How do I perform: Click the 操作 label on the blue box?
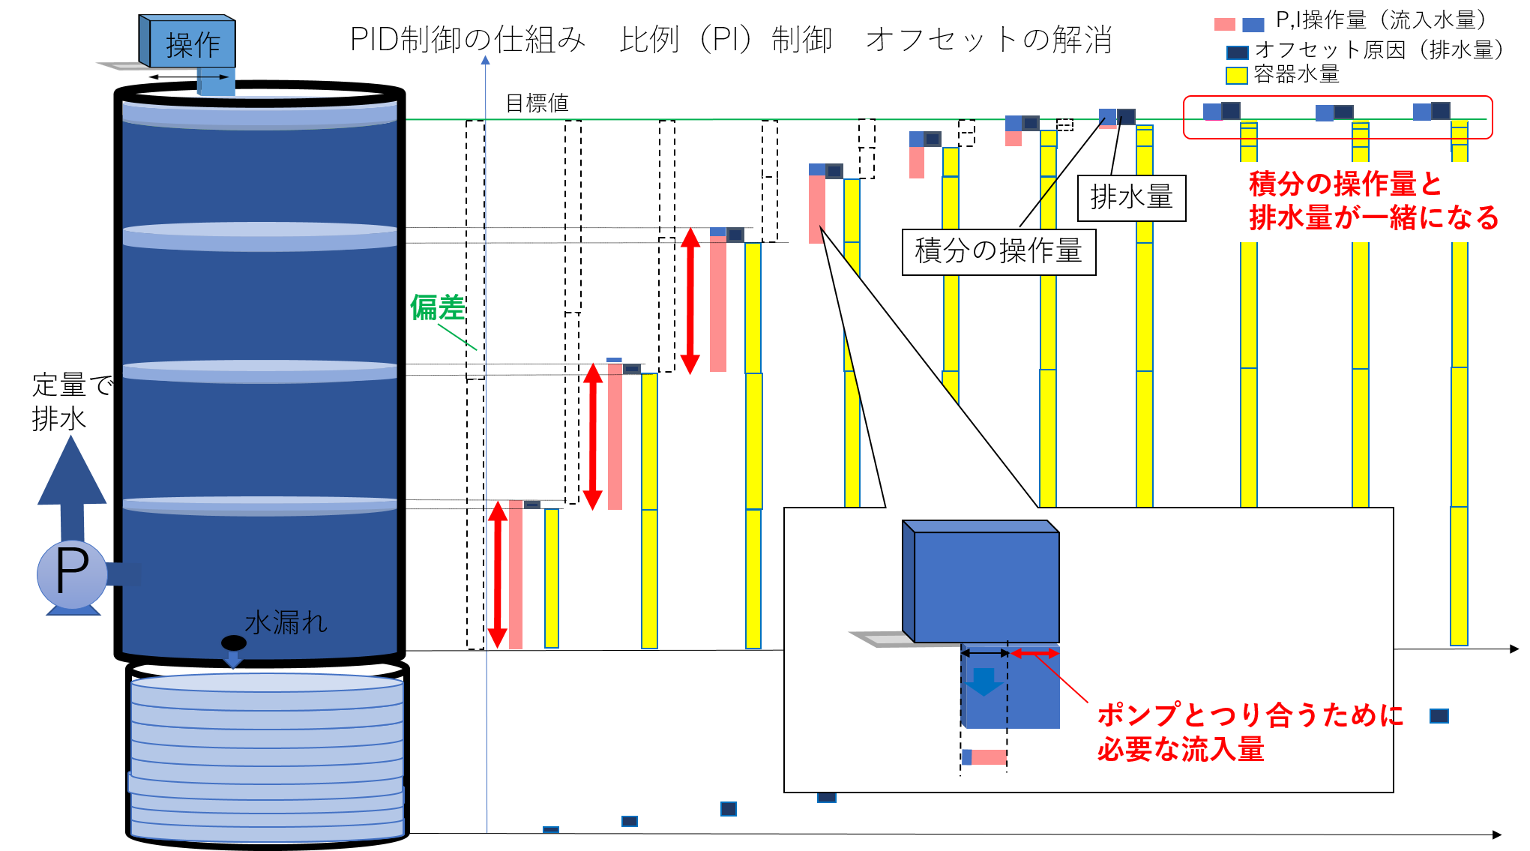click(193, 45)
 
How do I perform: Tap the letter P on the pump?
click(72, 573)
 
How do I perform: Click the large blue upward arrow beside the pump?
click(72, 480)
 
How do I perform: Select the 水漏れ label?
click(286, 622)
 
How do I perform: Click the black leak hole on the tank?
click(234, 643)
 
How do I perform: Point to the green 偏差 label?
click(437, 307)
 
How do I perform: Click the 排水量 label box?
click(1131, 198)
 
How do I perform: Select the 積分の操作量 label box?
click(999, 252)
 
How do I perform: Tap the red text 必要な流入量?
click(1181, 749)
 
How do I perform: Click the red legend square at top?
click(1224, 25)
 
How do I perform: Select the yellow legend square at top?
click(1237, 76)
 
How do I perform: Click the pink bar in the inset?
click(989, 757)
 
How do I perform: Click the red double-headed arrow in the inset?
click(1034, 654)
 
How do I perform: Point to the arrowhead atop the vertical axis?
click(486, 59)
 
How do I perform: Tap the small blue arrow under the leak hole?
click(234, 661)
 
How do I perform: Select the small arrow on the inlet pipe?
click(219, 76)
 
